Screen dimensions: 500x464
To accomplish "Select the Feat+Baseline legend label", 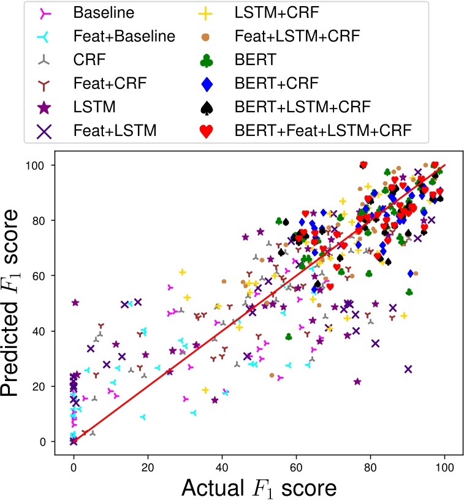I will coord(123,36).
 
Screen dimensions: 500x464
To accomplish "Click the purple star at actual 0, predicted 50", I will coord(75,303).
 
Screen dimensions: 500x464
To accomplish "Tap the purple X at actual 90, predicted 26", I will coord(408,369).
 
